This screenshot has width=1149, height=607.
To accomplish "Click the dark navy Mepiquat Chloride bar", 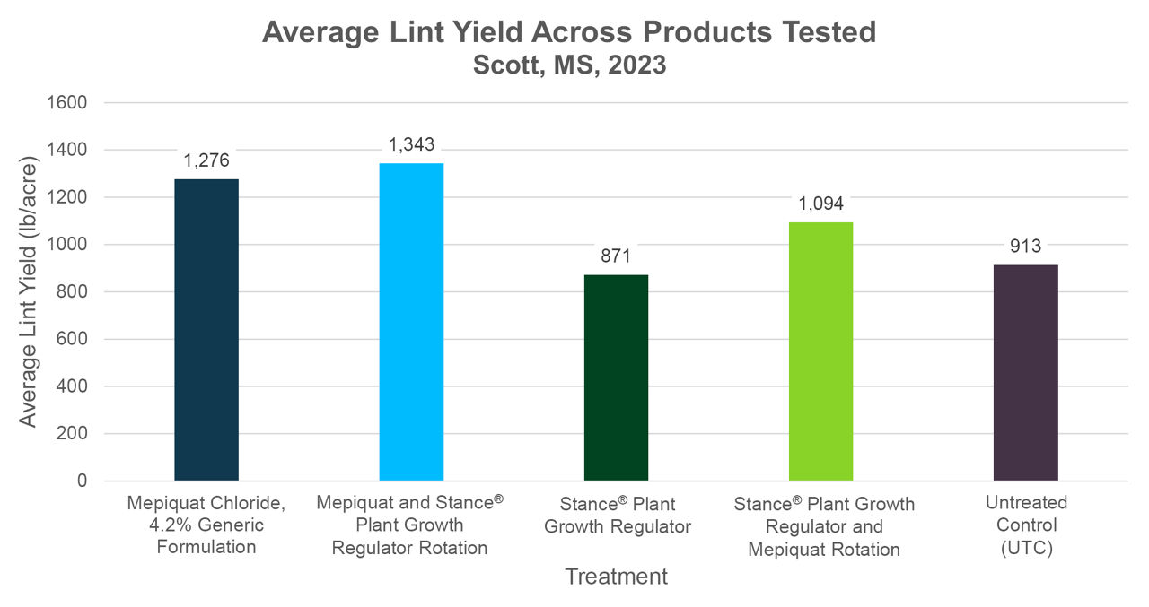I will (206, 330).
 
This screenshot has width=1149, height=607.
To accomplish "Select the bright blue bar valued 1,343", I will (411, 322).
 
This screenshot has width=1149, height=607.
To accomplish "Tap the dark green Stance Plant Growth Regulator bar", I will (616, 377).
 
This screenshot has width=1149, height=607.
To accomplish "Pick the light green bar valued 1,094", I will (820, 351).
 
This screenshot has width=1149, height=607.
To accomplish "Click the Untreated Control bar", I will (1025, 373).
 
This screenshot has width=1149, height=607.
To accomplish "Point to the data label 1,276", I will (206, 161).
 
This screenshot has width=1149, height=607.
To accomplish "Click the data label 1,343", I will (411, 144).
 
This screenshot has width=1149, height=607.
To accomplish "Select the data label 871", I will (616, 256).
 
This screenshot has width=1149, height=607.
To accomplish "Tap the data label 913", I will (1025, 247).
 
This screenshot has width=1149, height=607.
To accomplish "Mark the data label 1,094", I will (820, 204).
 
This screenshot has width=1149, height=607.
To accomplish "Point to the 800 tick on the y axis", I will (72, 292).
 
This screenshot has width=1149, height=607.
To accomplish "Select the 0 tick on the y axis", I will (82, 481).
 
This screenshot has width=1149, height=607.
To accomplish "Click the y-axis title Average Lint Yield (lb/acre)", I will (29, 292).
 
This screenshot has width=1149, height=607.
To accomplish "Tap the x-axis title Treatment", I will (616, 577).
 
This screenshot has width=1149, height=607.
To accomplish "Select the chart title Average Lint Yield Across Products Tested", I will (569, 32).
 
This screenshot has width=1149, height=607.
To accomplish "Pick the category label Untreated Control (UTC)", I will (1025, 525).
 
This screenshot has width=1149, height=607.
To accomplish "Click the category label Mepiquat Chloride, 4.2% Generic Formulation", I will (206, 525).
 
